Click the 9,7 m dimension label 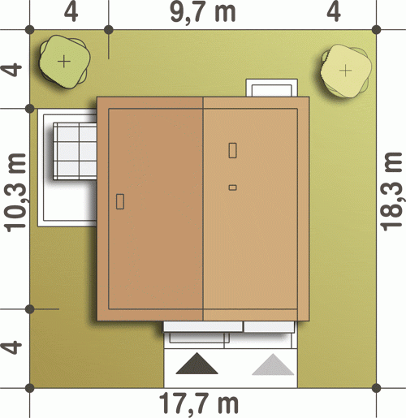[203, 13]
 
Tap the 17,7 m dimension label [199, 403]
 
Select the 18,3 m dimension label [392, 192]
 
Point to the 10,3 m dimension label [15, 192]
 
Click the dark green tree [64, 62]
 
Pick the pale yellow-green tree [346, 71]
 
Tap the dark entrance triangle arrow [197, 364]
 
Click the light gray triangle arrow [273, 364]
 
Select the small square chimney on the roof [232, 187]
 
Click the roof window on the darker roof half [120, 201]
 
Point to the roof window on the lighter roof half [232, 150]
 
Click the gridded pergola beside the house [75, 151]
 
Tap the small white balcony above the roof [272, 88]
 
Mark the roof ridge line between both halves [203, 209]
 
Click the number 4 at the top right [334, 12]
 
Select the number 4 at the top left [71, 12]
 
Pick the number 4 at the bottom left [11, 347]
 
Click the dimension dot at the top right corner [377, 30]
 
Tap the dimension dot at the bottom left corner [30, 388]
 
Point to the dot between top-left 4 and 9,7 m [109, 30]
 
